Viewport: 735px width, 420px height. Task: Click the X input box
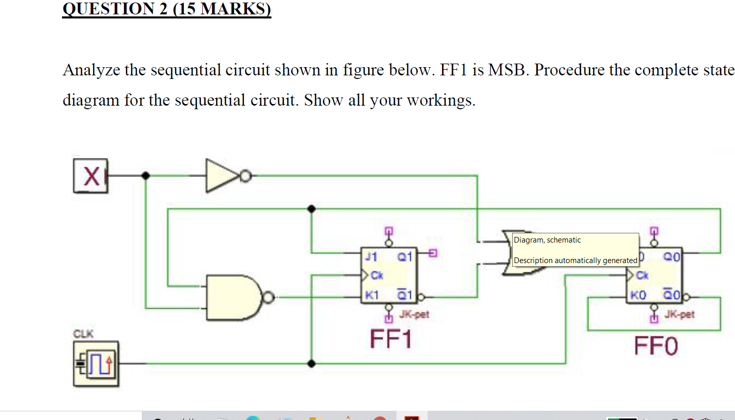click(91, 176)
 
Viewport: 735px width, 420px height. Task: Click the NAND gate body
click(232, 297)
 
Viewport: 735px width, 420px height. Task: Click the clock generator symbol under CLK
click(96, 364)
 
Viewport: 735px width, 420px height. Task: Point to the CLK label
click(83, 334)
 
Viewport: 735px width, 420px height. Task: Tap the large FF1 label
click(391, 339)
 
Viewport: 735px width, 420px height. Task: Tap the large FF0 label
click(656, 346)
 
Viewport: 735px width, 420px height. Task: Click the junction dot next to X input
click(146, 176)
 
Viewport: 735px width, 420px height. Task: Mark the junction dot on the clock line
click(311, 364)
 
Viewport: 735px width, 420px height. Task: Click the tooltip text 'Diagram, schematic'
click(547, 240)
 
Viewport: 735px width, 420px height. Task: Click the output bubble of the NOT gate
click(246, 176)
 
